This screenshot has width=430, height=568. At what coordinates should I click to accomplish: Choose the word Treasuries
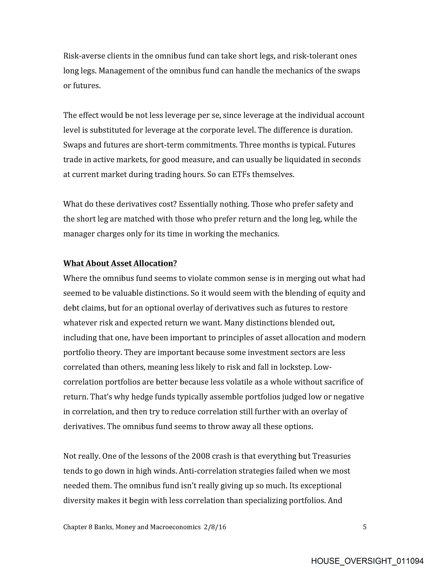(331, 456)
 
